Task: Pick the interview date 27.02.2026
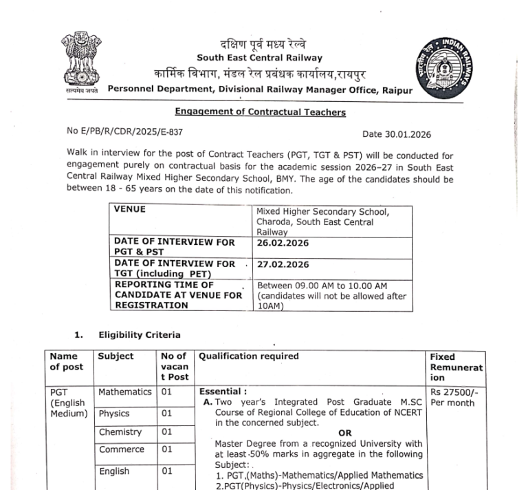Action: (283, 264)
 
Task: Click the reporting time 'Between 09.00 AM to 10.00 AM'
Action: (322, 285)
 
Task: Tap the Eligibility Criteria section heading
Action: (140, 334)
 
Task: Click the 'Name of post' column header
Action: (67, 361)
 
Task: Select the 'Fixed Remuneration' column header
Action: (456, 367)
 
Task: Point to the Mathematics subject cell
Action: (124, 392)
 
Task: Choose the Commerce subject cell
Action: (122, 450)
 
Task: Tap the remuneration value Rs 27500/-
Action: (454, 392)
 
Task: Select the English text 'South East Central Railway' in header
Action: (259, 58)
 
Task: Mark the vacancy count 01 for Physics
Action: (167, 414)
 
